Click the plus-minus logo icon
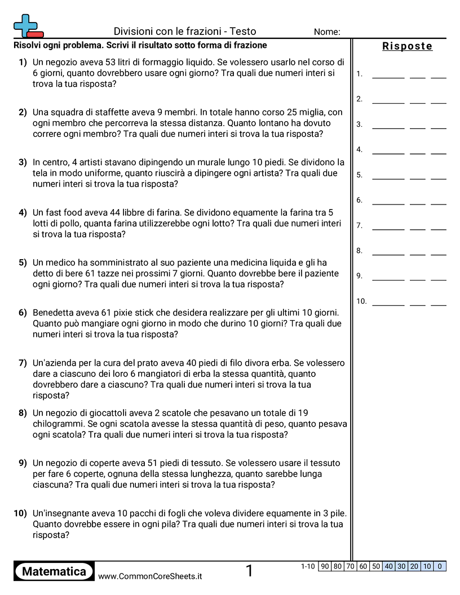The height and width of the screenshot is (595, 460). point(28,25)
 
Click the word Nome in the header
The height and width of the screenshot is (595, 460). point(326,32)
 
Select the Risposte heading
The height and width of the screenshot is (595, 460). point(407,46)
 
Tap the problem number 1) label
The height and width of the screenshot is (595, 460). point(23,63)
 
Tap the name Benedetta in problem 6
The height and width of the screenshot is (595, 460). point(55,313)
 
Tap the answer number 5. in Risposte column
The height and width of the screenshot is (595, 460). point(359,175)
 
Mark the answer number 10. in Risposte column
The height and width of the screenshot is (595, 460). point(361,301)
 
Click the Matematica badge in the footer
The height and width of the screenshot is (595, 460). point(54,571)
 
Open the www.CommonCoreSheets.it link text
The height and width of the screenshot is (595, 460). point(150,576)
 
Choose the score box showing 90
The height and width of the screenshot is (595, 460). point(324,566)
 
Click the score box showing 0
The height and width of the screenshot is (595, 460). point(440,566)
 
